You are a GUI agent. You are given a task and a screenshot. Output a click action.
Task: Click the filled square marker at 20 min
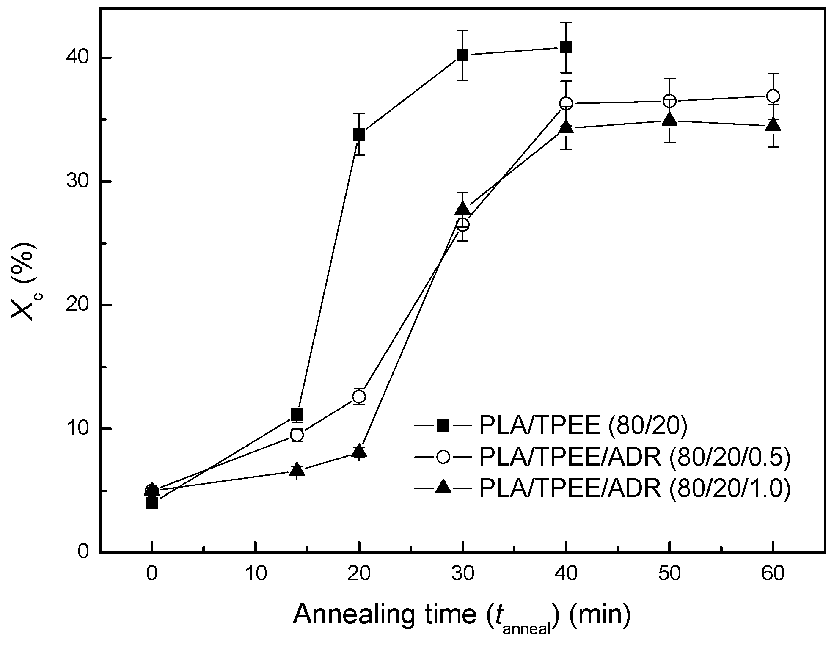359,135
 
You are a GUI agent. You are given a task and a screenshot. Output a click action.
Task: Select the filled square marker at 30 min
462,55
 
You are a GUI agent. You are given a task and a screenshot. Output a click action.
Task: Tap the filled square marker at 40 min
566,47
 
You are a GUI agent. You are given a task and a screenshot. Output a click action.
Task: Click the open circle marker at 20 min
359,397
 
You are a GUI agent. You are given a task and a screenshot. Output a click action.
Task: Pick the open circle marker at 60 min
773,96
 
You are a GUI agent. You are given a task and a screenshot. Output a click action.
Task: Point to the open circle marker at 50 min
669,101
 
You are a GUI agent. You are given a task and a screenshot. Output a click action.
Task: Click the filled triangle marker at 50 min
669,120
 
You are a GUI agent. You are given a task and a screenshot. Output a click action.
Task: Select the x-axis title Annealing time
461,616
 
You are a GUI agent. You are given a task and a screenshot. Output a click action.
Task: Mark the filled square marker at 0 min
152,503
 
